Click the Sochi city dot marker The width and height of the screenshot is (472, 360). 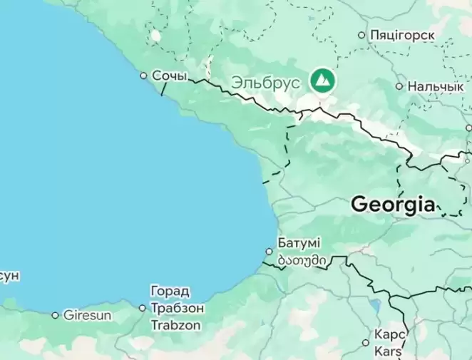click(143, 75)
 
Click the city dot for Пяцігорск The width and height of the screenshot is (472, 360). click(361, 34)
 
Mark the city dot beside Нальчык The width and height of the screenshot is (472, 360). click(399, 86)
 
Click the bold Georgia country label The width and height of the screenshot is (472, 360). click(393, 205)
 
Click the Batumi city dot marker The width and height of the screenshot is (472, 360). click(269, 251)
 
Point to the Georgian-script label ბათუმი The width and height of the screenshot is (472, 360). click(303, 261)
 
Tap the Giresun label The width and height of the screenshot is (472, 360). click(87, 314)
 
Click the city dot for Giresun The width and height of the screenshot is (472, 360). click(55, 314)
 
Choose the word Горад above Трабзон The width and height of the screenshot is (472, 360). click(170, 291)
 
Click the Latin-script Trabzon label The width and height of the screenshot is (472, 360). click(175, 325)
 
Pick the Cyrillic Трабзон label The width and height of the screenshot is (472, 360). click(178, 308)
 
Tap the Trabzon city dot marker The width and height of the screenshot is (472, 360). click(142, 308)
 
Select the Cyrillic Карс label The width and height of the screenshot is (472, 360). click(390, 334)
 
